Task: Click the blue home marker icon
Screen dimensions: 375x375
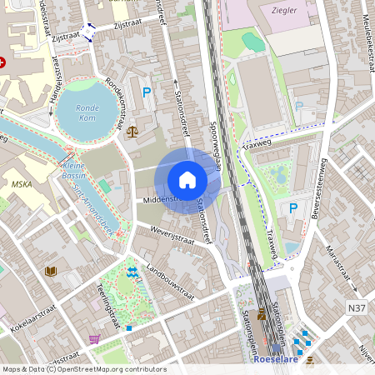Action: click(x=187, y=180)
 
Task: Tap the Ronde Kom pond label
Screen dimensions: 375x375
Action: click(x=87, y=112)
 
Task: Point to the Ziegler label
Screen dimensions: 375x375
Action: click(x=284, y=10)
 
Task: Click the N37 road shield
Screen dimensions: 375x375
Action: click(x=356, y=307)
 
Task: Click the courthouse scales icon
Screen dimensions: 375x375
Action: click(x=132, y=131)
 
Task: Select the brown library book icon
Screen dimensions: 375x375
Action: click(x=50, y=272)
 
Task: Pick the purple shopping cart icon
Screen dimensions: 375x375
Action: click(x=94, y=339)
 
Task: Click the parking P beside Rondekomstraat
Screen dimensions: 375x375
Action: click(x=147, y=93)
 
